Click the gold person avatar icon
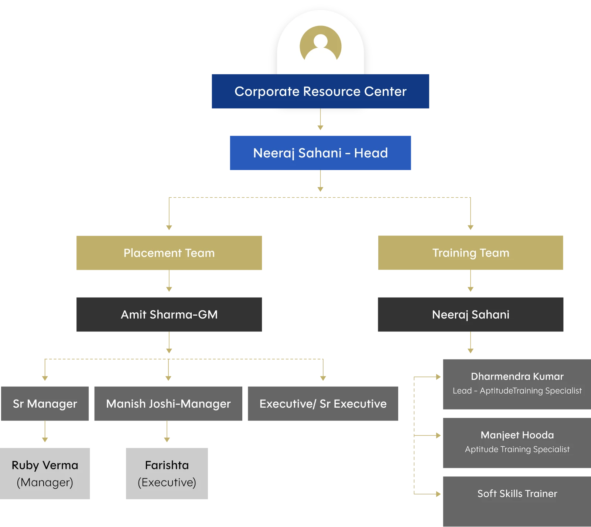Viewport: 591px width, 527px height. coord(320,46)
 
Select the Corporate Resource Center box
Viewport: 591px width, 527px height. coord(320,92)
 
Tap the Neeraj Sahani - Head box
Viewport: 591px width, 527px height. coord(320,153)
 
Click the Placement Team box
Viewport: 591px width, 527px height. coord(168,253)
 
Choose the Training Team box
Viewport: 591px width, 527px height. coord(471,253)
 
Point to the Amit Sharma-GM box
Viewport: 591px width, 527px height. coord(168,314)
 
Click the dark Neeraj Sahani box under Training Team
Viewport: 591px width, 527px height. coord(470,314)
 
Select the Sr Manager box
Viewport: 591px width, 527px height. coord(45,404)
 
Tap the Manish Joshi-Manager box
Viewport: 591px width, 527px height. coord(168,404)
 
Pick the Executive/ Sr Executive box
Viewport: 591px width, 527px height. coord(322,404)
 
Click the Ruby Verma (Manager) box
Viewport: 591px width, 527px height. coord(45,473)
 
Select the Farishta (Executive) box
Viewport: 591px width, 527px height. coord(167,473)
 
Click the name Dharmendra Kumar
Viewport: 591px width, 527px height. coord(517,377)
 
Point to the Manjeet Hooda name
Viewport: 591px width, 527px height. coord(517,435)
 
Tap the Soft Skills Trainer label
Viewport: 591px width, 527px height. coord(517,494)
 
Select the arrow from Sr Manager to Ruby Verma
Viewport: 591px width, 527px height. coord(45,432)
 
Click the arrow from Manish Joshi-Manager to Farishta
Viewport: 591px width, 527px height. coord(167,432)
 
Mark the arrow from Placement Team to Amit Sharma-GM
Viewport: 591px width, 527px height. coord(170,283)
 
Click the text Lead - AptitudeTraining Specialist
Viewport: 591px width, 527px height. coord(517,391)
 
